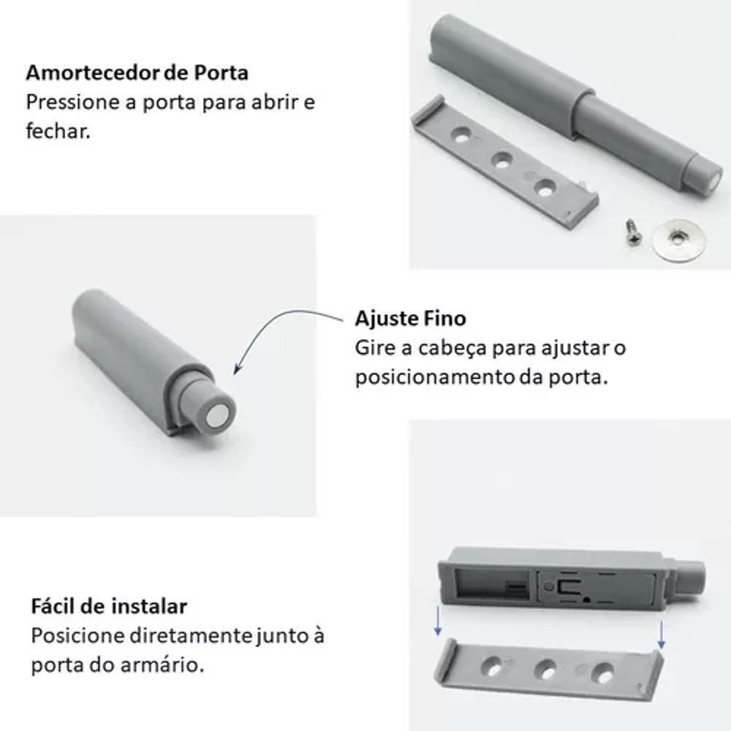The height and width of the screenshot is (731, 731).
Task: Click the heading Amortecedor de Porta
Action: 137,73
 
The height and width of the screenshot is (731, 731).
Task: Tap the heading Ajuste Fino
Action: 410,319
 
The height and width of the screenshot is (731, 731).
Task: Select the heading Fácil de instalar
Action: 109,607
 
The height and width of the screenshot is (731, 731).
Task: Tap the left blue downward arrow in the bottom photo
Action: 436,621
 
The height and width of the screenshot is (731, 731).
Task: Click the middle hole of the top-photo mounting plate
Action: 502,161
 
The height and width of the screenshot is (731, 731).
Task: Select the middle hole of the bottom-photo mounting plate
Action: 545,669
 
